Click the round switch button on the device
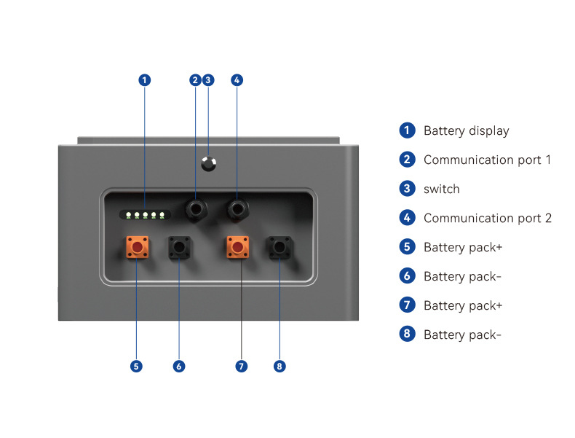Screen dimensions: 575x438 click(x=209, y=164)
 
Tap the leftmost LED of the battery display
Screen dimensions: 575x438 click(x=128, y=215)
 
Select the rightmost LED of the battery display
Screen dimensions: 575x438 click(x=162, y=215)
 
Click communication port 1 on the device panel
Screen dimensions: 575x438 click(x=196, y=210)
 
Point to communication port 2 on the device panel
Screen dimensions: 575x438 click(x=237, y=210)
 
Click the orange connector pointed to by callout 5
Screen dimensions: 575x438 click(x=138, y=247)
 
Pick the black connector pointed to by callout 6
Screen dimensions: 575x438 click(x=179, y=247)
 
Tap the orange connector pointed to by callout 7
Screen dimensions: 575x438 click(x=237, y=247)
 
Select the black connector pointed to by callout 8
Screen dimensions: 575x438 click(x=279, y=247)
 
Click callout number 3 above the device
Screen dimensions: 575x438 click(x=208, y=80)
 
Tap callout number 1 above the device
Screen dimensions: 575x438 click(x=145, y=80)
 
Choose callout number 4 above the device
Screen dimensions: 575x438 click(x=237, y=80)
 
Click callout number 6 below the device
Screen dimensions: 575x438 click(x=179, y=366)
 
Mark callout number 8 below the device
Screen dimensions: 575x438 click(x=279, y=366)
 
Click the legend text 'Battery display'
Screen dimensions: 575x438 click(x=467, y=131)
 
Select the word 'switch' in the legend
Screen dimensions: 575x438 click(x=442, y=189)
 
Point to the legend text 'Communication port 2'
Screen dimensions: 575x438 click(x=488, y=218)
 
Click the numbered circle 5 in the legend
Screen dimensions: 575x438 click(x=407, y=247)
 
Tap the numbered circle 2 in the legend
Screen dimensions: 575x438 click(x=407, y=160)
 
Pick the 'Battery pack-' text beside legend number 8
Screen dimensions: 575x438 click(x=462, y=335)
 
